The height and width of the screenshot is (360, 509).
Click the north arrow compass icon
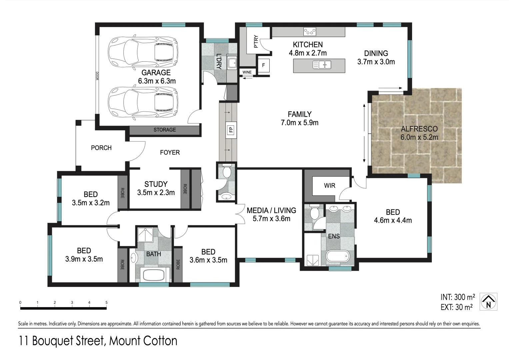pos(488,302)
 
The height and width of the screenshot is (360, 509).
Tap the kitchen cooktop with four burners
pos(310,32)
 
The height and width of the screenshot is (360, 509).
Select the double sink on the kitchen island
pos(322,65)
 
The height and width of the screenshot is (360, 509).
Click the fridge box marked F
pos(264,65)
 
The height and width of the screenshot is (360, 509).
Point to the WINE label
pos(247,72)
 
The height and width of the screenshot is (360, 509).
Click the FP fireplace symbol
pos(231,130)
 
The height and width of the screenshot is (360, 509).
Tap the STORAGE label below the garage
pos(165,130)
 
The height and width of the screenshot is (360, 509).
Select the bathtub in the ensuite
pos(337,256)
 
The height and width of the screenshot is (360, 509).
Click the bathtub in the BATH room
pos(154,275)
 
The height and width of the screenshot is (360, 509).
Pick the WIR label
pos(329,186)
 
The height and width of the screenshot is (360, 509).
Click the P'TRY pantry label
pos(256,41)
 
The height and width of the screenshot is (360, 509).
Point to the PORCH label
pos(101,148)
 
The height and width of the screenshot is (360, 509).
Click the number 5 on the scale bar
pos(106,303)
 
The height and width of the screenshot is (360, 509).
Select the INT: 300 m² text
pos(458,297)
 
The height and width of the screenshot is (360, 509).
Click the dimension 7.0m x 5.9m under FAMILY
pos(299,123)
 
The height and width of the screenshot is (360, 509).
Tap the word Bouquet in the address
pos(53,341)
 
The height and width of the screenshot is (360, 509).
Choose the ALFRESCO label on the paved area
pos(419,129)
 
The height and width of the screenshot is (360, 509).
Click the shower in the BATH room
pos(145,235)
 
